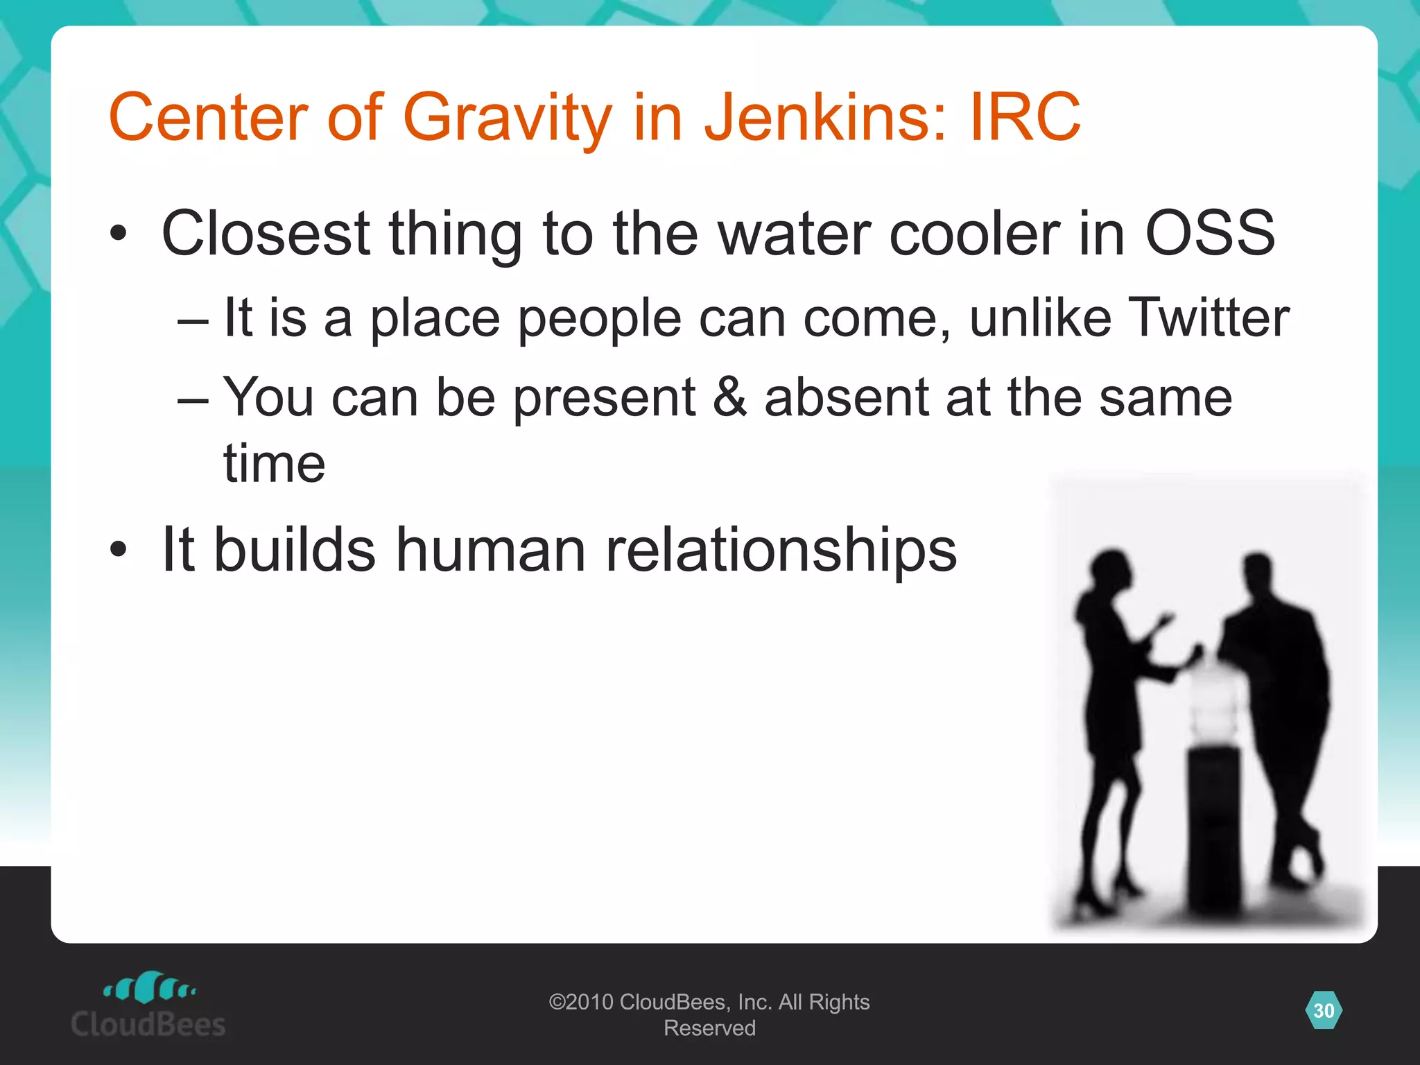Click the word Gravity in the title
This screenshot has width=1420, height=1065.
coord(507,117)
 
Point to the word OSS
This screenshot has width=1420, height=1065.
coord(1209,234)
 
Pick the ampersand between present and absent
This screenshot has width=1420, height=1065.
coord(729,397)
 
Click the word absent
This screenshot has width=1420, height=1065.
coord(846,397)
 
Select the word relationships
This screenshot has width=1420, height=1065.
coord(781,550)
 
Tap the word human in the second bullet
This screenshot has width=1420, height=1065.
coord(491,550)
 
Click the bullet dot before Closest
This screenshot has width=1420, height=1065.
coord(119,234)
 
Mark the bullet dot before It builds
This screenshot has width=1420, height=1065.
coord(119,550)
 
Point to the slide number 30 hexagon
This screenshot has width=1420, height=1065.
coord(1324,1010)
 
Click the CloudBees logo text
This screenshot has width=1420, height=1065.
coord(148,1024)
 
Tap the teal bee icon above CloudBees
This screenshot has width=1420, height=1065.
coord(149,987)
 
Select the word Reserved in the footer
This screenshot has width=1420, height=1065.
coord(709,1028)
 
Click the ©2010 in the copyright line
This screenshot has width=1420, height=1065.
coord(581,1002)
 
